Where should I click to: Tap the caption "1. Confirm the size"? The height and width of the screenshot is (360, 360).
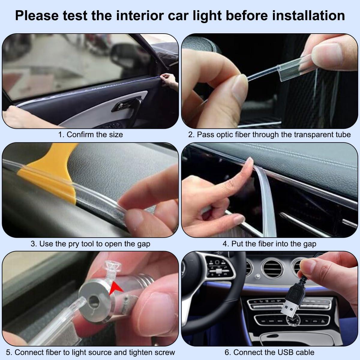[90, 134]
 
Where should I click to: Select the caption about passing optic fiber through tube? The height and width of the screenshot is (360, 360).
[269, 134]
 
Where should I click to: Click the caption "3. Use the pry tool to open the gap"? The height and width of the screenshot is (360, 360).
[90, 244]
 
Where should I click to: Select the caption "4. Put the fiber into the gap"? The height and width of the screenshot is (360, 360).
[269, 244]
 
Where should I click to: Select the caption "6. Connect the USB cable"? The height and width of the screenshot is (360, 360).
[269, 352]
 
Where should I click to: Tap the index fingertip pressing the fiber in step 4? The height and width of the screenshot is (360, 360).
[248, 163]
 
